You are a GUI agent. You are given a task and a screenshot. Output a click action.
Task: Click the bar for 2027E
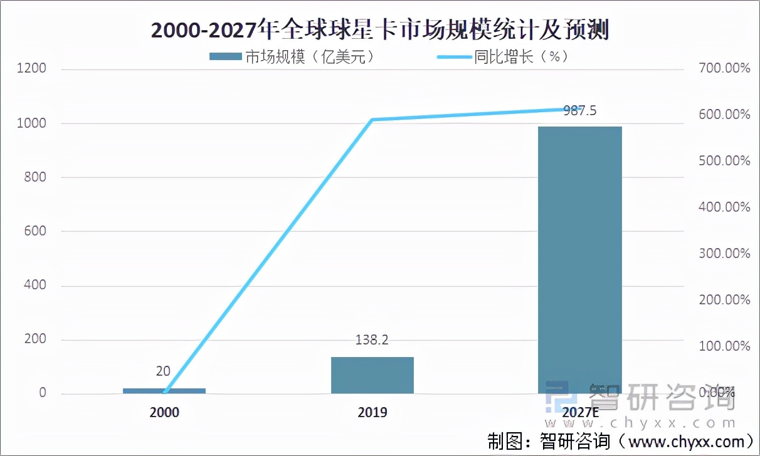(x=580, y=260)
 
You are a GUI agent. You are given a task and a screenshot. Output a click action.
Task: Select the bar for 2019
(x=372, y=375)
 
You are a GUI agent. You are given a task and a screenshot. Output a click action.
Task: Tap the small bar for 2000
(x=164, y=391)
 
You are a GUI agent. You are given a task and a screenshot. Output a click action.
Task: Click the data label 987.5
(x=580, y=110)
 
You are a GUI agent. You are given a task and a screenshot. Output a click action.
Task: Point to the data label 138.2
(x=372, y=340)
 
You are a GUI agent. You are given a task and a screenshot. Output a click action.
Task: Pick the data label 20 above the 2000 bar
(x=163, y=371)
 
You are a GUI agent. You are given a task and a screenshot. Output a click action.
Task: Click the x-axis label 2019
(x=372, y=413)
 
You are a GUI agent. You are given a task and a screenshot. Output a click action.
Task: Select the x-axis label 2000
(x=164, y=413)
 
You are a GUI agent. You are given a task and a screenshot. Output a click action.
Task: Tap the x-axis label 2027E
(x=580, y=413)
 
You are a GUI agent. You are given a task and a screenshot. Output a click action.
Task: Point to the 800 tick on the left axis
(x=35, y=177)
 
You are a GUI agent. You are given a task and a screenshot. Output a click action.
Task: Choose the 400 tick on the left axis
(x=35, y=286)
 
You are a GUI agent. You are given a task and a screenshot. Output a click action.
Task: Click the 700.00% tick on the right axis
(x=724, y=68)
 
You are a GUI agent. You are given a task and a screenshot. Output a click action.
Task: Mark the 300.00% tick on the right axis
(x=724, y=254)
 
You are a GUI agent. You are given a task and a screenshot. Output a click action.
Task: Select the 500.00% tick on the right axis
(x=724, y=161)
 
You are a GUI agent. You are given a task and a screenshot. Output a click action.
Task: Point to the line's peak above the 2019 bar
(x=372, y=120)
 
